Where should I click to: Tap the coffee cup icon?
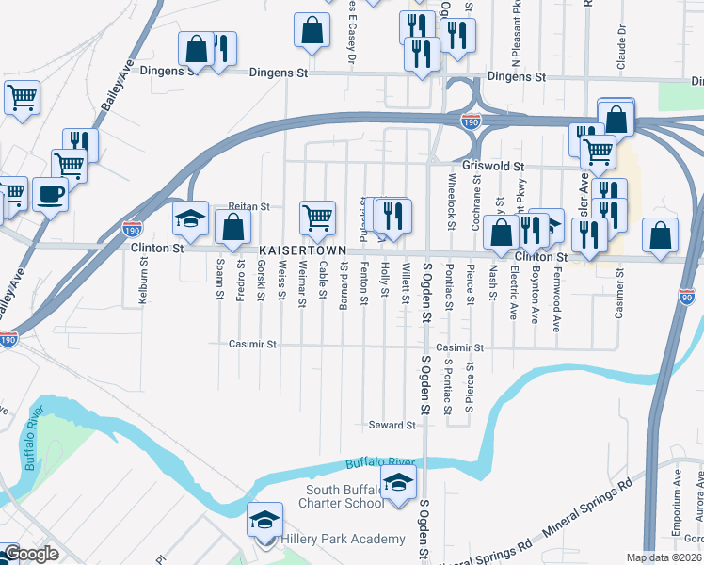[51, 195]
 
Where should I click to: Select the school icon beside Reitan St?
[190, 219]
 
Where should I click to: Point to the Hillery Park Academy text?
[344, 540]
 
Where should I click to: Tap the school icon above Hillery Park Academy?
[264, 520]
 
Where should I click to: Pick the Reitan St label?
[248, 206]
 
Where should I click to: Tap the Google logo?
[30, 554]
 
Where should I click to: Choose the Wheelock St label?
[452, 199]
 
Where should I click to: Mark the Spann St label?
[219, 281]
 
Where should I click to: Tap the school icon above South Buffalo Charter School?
[398, 484]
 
